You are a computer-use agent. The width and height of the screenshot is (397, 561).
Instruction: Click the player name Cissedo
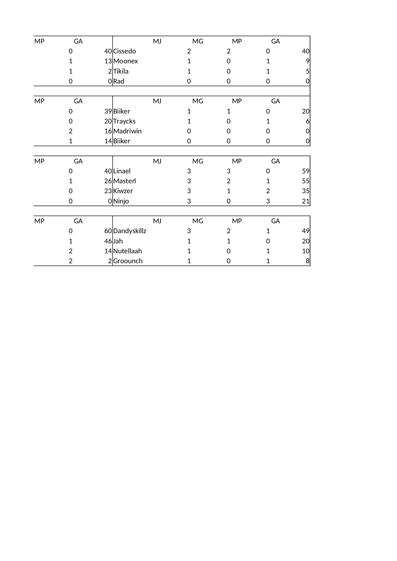(124, 51)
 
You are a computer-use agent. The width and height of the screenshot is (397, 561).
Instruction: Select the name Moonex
(125, 61)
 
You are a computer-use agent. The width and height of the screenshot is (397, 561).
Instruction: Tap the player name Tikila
(121, 71)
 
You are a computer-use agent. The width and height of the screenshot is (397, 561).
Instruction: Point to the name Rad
(119, 81)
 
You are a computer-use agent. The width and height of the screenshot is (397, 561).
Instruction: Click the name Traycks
(124, 121)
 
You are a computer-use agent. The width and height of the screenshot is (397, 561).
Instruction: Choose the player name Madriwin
(127, 131)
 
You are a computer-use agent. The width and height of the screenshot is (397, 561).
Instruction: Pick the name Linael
(122, 171)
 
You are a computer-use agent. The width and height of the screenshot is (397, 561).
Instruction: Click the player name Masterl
(124, 181)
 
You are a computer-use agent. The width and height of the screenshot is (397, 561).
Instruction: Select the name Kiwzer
(123, 191)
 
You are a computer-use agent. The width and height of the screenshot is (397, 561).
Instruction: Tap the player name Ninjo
(121, 201)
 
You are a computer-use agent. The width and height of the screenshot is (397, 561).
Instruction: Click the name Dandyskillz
(130, 231)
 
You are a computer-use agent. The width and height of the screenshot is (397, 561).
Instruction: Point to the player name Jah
(118, 241)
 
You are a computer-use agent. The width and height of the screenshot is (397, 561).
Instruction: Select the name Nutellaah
(128, 251)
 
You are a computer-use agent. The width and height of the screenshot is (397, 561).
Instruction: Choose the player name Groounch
(128, 261)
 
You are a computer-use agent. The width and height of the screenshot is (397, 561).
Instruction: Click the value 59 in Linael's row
(306, 171)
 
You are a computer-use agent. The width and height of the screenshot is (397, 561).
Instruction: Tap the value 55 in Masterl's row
(306, 181)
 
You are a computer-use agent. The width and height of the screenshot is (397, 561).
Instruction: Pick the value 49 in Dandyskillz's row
(306, 231)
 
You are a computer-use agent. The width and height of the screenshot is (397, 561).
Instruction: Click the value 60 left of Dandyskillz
(108, 231)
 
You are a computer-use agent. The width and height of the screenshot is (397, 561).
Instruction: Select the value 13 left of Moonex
(108, 61)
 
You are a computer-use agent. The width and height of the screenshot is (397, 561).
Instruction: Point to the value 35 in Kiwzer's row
(306, 191)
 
